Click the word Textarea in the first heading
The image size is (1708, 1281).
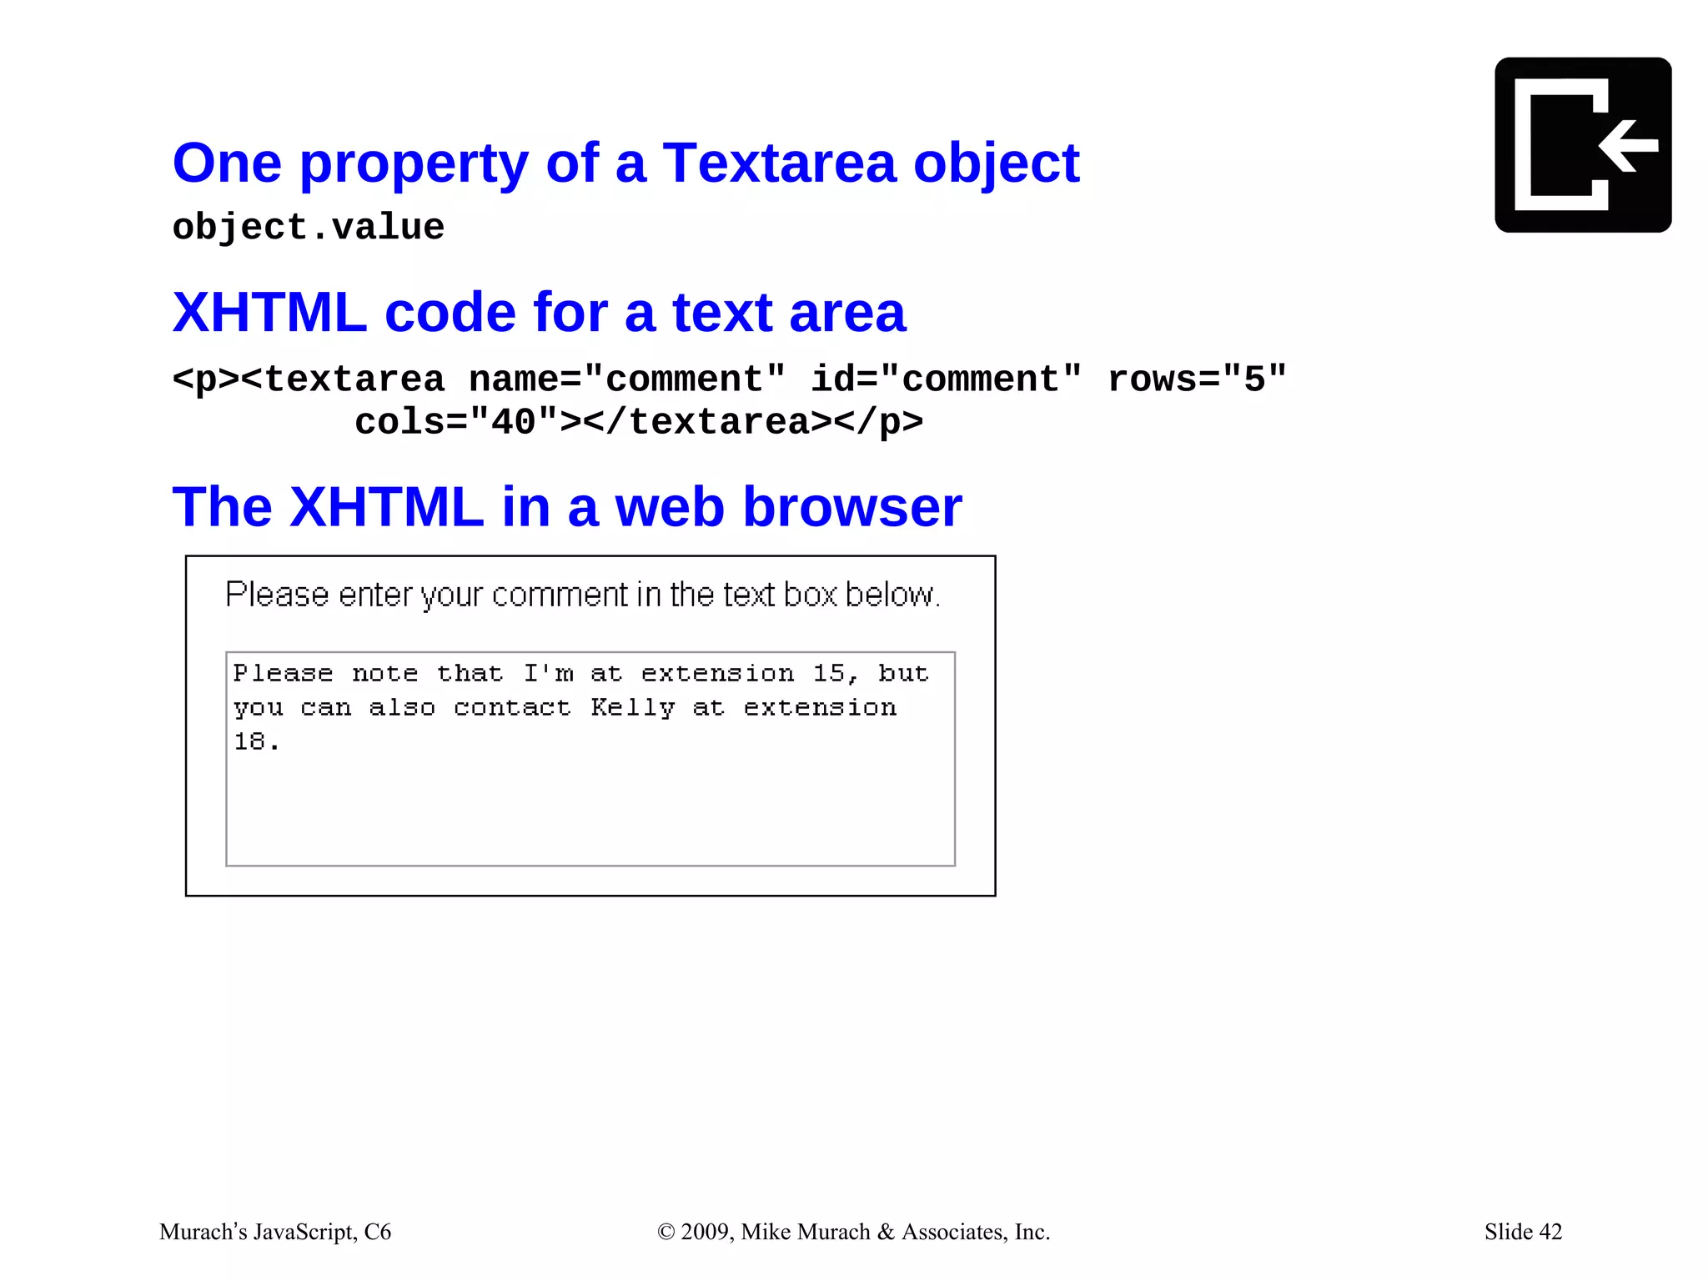pyautogui.click(x=778, y=163)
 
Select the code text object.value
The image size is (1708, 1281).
pyautogui.click(x=308, y=228)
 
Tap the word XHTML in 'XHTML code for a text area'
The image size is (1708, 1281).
pyautogui.click(x=269, y=314)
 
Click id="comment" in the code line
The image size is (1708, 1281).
pyautogui.click(x=946, y=379)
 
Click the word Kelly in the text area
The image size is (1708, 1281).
pyautogui.click(x=632, y=708)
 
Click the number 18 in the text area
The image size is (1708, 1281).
pyautogui.click(x=249, y=741)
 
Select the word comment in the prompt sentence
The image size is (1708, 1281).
pyautogui.click(x=560, y=595)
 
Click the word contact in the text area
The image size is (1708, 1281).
pyautogui.click(x=512, y=708)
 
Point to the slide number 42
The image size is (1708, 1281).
pyautogui.click(x=1550, y=1232)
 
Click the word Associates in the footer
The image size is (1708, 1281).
pyautogui.click(x=953, y=1232)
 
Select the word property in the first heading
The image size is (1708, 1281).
pyautogui.click(x=413, y=164)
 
